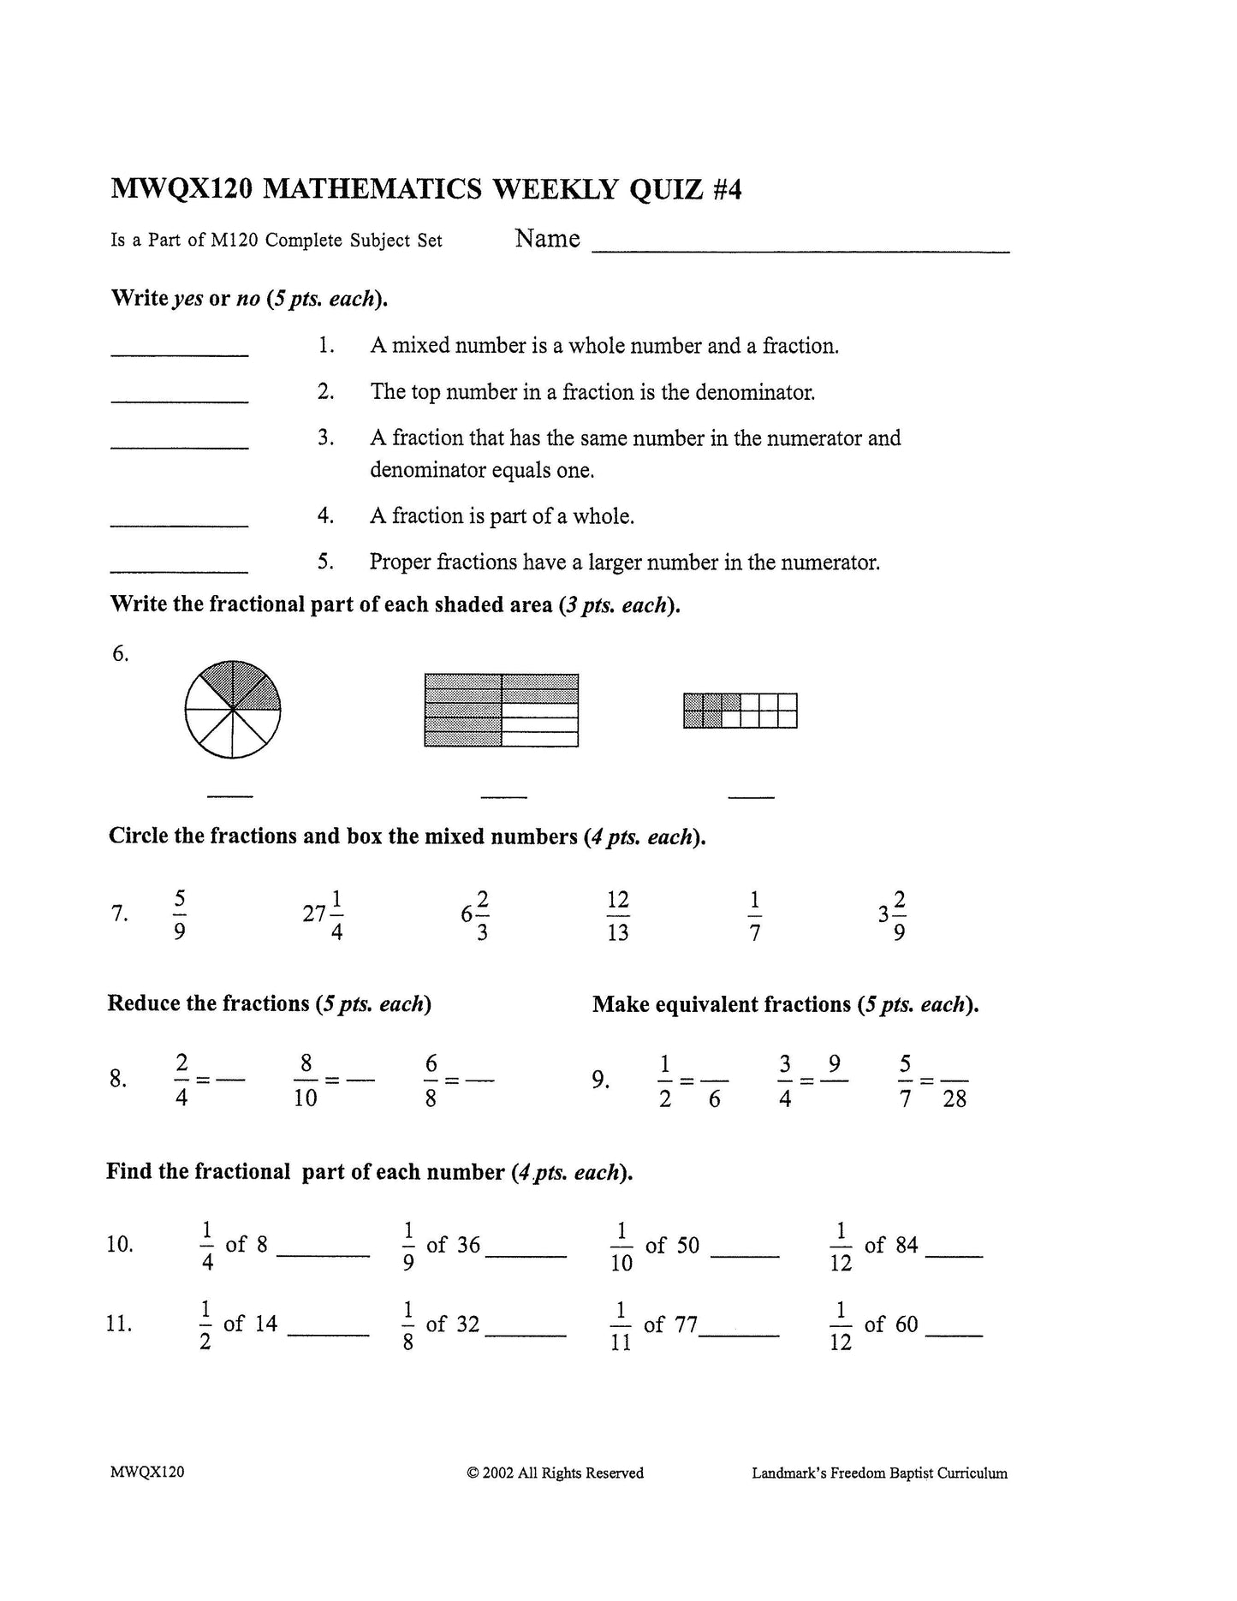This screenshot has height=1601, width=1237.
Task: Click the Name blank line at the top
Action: pos(800,250)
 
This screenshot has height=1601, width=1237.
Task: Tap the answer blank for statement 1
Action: pos(180,353)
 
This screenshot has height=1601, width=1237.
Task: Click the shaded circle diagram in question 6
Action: pos(233,709)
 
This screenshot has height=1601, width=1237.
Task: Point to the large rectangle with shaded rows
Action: pos(502,710)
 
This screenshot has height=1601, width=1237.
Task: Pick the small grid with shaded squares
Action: pos(740,710)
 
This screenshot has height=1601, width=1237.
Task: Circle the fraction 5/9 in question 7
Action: pos(180,914)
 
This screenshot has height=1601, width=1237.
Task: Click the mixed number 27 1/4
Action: pos(324,914)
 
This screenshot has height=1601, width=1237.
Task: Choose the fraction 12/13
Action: pos(617,914)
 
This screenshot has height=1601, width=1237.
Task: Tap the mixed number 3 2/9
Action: pos(892,914)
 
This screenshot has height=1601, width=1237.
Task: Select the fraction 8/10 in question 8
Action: pos(306,1080)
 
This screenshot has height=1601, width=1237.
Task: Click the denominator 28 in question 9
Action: pos(955,1098)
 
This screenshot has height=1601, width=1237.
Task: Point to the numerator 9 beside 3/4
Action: pos(834,1063)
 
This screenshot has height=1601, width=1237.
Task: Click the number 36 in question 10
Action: pos(468,1244)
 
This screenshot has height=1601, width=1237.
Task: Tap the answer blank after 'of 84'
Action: pos(954,1253)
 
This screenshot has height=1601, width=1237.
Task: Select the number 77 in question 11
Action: pos(686,1324)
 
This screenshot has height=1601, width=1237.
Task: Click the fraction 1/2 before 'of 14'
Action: pos(205,1324)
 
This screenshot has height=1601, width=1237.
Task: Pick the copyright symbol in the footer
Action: pos(472,1473)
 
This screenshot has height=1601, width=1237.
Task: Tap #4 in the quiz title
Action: pos(726,188)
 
